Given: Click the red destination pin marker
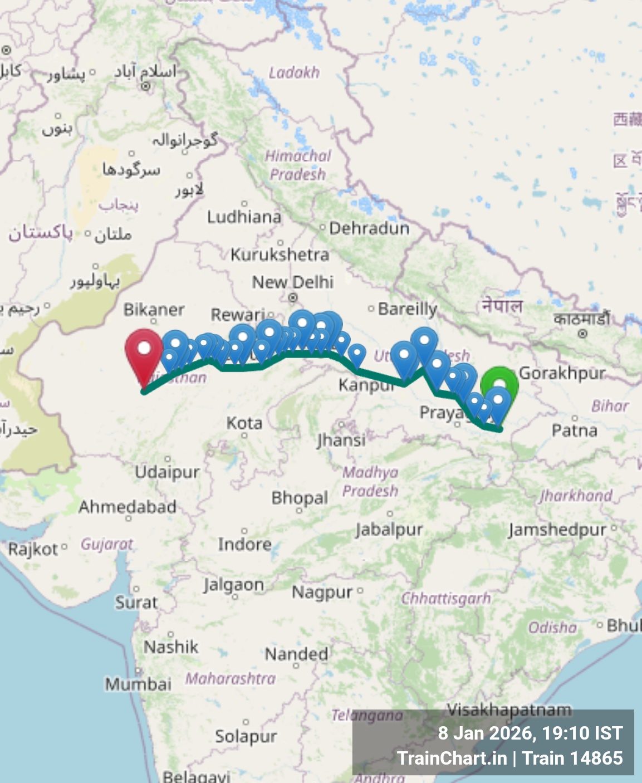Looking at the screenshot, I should point(144,351).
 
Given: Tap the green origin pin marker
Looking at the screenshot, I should point(499,381).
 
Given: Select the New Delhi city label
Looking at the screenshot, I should point(293,282).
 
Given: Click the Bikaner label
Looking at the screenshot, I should point(154,310).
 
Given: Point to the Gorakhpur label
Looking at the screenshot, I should point(562,373).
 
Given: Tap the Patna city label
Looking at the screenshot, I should point(574,430).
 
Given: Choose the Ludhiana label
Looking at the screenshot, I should point(244,217).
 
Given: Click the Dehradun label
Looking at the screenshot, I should point(369,228).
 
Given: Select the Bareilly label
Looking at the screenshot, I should point(407,309).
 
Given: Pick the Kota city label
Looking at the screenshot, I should point(244,423).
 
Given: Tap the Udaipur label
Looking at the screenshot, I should point(167,472).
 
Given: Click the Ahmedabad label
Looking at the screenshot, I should point(128,507).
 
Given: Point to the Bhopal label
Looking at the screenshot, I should point(300,498).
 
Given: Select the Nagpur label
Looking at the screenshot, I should point(322,592).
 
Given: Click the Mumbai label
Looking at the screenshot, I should point(138,683).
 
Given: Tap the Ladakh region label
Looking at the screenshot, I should point(294,72).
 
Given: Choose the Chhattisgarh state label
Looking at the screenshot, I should point(446,599).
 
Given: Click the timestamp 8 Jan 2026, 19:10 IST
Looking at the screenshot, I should point(530,733).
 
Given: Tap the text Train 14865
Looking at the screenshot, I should point(572,758).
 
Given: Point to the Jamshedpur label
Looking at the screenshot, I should point(557,530).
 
